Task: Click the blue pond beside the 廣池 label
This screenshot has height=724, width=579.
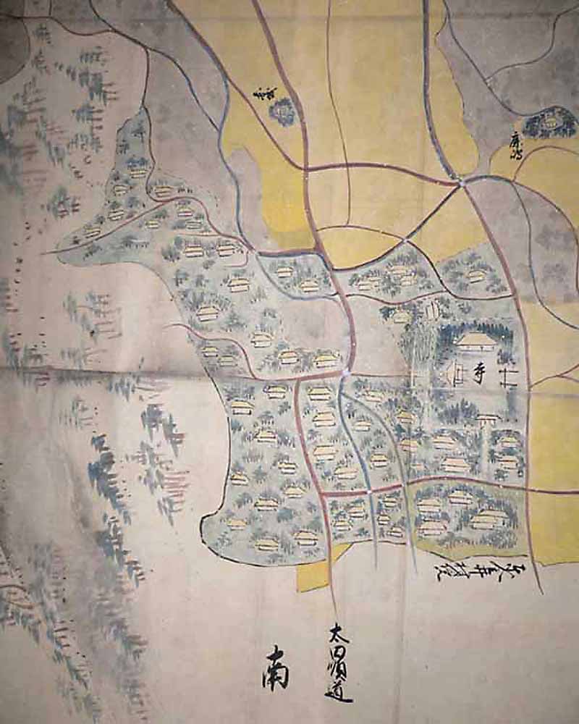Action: coord(550,122)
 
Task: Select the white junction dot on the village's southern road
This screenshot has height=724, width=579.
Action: coord(371,491)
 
